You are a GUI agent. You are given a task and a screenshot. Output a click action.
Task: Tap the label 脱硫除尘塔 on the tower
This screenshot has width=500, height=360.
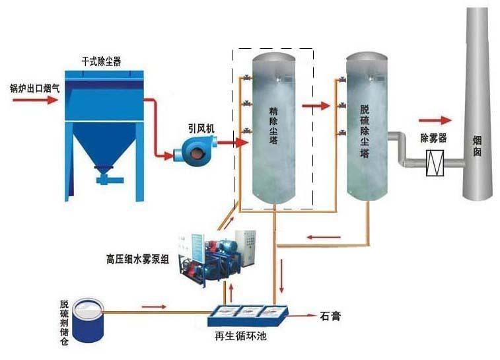click(365, 128)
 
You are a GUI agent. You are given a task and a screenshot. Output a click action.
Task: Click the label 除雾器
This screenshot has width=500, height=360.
click(434, 138)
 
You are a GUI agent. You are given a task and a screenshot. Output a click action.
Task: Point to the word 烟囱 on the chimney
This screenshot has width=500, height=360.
click(478, 145)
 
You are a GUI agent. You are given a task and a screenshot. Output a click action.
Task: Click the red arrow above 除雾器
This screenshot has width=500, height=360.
click(435, 121)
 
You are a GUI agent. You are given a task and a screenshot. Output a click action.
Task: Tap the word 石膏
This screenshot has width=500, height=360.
click(330, 316)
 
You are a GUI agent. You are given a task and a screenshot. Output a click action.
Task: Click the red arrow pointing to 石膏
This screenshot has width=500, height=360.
click(302, 316)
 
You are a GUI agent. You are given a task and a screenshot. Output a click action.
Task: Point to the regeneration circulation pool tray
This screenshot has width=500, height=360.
click(246, 315)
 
